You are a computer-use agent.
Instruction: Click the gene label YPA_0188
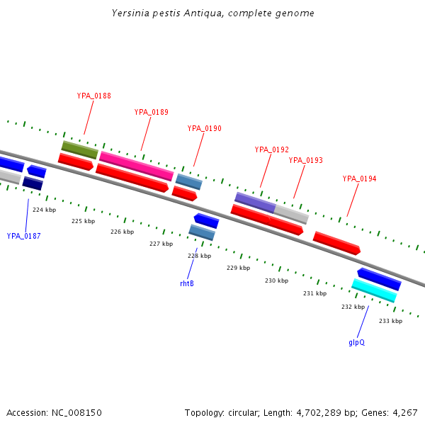coord(93,96)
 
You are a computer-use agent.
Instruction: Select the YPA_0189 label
coord(151,112)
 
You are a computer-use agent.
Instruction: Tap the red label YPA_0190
coord(204,128)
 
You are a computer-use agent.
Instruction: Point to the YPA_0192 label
coord(272,149)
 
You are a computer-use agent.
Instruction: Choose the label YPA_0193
coord(305,160)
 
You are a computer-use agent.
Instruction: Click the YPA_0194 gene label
coord(359,178)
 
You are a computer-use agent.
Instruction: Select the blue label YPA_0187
coord(24,236)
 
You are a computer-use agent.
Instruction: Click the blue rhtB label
coord(187,283)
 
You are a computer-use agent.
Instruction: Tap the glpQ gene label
coord(356,342)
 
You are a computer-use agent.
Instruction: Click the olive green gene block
coord(79,149)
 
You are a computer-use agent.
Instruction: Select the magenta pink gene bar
coord(136,166)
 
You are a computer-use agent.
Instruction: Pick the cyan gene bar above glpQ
coord(374,290)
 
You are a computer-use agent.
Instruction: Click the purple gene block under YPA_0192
coord(255,202)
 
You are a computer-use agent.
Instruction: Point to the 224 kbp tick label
coord(44,210)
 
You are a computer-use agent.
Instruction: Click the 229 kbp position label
coord(238,268)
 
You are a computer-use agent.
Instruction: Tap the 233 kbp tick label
coord(390,321)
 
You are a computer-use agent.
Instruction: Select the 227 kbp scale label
coord(161,244)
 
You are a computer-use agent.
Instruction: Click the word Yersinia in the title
coord(128,13)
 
